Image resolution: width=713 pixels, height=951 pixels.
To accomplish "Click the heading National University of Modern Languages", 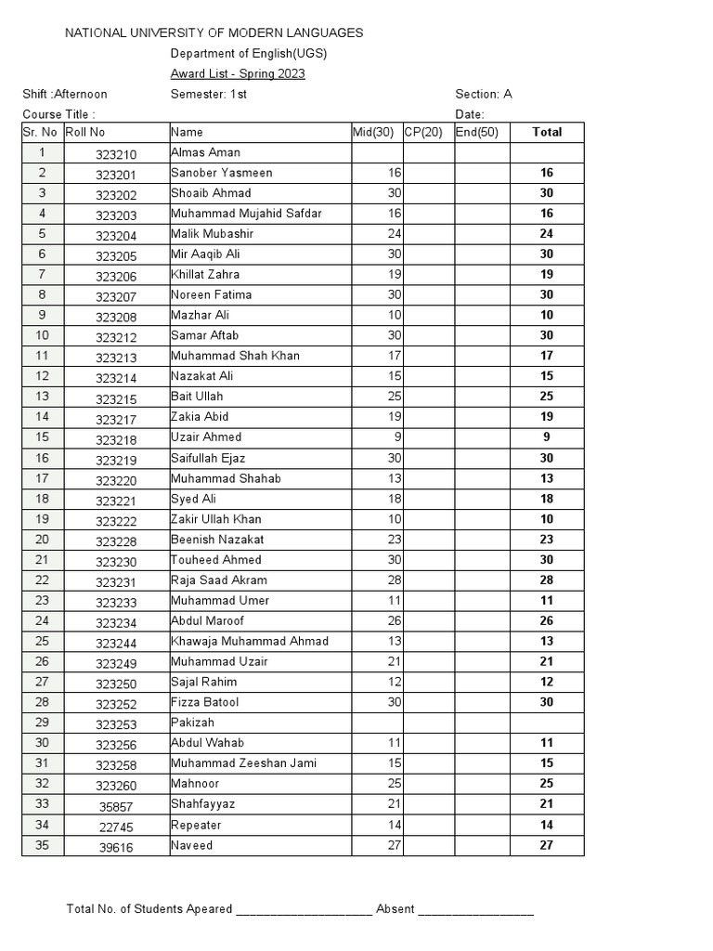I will click(214, 33).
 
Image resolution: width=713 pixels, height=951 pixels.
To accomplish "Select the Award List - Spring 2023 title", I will click(238, 74).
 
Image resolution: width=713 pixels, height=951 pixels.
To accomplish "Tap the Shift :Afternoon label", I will click(65, 95).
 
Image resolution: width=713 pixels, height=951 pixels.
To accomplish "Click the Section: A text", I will click(483, 95).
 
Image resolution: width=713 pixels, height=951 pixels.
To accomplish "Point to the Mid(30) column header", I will click(375, 133).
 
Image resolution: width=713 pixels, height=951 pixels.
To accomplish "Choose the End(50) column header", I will click(477, 133).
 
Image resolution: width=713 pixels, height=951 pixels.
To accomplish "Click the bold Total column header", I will click(547, 133).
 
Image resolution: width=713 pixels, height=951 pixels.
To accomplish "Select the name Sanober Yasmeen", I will click(222, 174).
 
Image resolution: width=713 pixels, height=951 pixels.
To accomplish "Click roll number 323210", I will click(116, 154).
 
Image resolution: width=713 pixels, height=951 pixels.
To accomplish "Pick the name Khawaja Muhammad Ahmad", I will click(250, 642).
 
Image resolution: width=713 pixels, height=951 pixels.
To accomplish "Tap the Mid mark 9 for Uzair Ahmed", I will click(396, 437).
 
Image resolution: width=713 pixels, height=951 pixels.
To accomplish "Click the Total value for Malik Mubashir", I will click(547, 235).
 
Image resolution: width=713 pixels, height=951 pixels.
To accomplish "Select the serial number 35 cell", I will click(43, 845).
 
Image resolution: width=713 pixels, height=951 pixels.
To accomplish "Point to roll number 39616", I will click(116, 846).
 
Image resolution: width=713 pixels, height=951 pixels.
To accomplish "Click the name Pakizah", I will click(192, 723).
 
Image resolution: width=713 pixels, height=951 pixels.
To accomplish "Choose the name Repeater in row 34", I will click(196, 825).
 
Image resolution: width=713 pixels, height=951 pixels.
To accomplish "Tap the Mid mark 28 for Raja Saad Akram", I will click(395, 580).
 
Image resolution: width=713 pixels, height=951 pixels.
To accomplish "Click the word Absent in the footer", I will click(395, 909).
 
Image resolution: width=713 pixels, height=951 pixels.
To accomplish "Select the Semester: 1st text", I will click(209, 95).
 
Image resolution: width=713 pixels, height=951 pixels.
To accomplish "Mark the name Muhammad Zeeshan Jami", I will click(243, 763).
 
